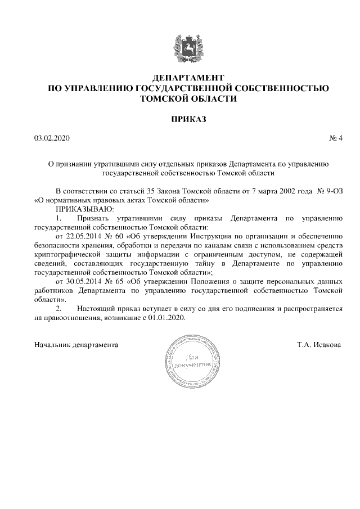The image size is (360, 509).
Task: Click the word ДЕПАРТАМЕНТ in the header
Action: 188,77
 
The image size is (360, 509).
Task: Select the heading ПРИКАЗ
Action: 188,119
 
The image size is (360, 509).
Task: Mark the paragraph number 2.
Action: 58,308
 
